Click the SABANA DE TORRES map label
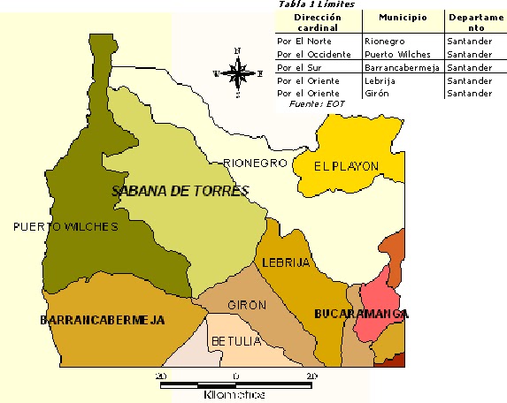tap(181, 191)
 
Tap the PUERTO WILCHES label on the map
tap(65, 227)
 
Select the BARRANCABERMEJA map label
tap(103, 319)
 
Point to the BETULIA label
tap(235, 341)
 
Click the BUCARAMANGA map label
tap(361, 315)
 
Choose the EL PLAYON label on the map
tap(347, 165)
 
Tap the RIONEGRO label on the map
tap(256, 163)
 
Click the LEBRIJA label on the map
tap(286, 262)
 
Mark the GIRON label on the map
tap(247, 305)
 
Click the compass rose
tap(237, 72)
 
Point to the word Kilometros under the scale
tap(234, 394)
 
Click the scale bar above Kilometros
tap(235, 385)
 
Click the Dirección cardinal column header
tap(318, 21)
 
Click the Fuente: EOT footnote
tap(317, 104)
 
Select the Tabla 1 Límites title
tap(317, 4)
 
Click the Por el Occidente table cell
tap(314, 54)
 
